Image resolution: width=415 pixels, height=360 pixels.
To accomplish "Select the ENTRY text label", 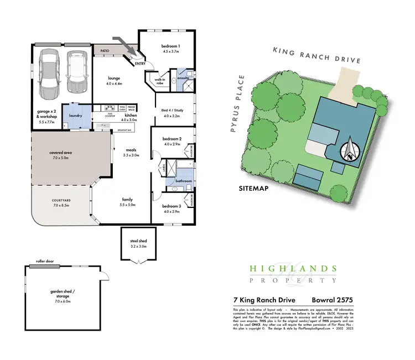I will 141,63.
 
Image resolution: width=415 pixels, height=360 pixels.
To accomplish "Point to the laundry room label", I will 75,116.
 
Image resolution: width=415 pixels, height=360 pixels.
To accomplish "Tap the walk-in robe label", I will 160,81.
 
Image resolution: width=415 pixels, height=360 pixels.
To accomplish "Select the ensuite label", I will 183,78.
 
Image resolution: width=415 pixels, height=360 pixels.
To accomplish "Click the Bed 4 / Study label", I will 171,112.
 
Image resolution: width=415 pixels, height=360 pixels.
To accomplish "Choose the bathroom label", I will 183,181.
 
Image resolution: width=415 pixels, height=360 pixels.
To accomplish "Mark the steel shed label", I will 137,242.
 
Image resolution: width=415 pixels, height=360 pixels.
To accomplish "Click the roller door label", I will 47,262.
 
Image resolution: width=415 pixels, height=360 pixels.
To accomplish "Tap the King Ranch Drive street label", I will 317,55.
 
